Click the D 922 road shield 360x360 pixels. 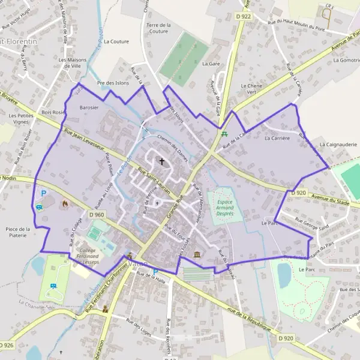[244, 16]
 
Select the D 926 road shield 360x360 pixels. [7, 345]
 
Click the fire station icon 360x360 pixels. [65, 203]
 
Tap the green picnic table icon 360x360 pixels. [224, 134]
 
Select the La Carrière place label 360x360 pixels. [277, 138]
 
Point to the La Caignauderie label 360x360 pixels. [338, 145]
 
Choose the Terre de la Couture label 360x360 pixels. [158, 28]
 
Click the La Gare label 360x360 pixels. [211, 63]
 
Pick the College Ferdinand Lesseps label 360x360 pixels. [88, 254]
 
